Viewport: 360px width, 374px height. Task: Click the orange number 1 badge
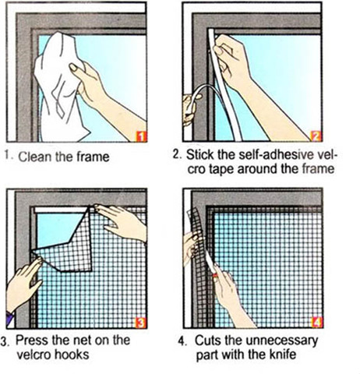(141, 136)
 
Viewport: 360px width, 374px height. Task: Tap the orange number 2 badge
(316, 136)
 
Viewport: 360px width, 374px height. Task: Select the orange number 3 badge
(141, 323)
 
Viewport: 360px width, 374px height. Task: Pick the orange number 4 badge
(317, 323)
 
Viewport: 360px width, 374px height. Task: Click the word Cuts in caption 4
(207, 340)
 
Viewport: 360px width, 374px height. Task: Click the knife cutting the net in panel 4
(212, 266)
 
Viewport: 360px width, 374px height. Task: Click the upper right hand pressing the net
(121, 221)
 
